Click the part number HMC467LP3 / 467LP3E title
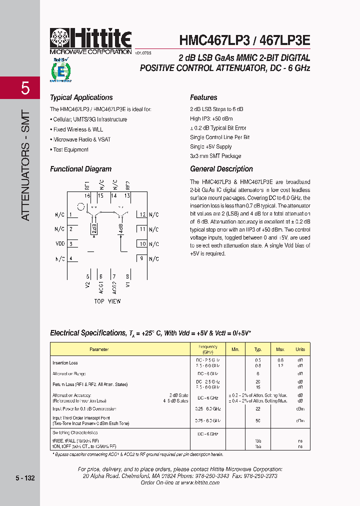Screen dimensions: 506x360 click(x=244, y=39)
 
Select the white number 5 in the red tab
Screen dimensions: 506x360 click(x=25, y=88)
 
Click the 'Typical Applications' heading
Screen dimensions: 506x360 click(x=81, y=97)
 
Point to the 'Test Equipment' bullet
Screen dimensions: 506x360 click(x=70, y=149)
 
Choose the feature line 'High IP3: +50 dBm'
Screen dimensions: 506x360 click(x=211, y=118)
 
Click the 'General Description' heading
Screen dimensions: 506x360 click(x=221, y=169)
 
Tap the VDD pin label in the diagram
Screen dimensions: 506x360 click(x=60, y=244)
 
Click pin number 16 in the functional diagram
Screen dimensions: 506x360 click(x=87, y=195)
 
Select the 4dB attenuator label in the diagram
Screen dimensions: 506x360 click(x=120, y=228)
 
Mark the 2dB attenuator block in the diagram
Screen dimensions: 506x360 click(x=93, y=228)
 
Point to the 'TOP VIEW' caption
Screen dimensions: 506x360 click(x=107, y=301)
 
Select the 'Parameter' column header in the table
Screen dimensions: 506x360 click(x=99, y=349)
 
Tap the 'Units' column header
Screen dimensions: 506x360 click(x=300, y=349)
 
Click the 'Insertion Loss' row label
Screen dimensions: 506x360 click(x=65, y=362)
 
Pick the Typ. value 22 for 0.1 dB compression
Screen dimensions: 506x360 click(x=258, y=408)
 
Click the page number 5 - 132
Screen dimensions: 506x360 click(x=24, y=478)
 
